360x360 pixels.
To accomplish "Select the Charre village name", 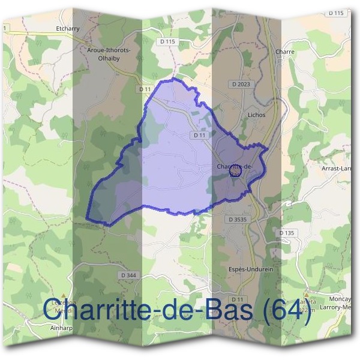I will [285, 52].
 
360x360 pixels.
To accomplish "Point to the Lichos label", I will [256, 115].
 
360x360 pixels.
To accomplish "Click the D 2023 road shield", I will [240, 85].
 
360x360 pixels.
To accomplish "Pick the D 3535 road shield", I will [238, 220].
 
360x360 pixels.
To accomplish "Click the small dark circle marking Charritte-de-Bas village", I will [235, 172].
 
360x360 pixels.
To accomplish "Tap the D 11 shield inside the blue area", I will [200, 136].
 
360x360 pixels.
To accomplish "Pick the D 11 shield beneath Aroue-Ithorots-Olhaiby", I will [144, 89].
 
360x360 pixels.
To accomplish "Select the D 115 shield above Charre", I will [336, 13].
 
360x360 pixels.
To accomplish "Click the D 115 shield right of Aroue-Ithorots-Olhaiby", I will [168, 41].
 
